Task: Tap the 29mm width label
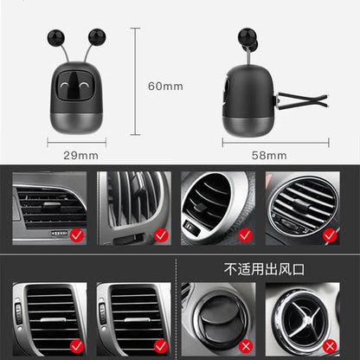(x=81, y=156)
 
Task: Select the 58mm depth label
(x=269, y=156)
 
